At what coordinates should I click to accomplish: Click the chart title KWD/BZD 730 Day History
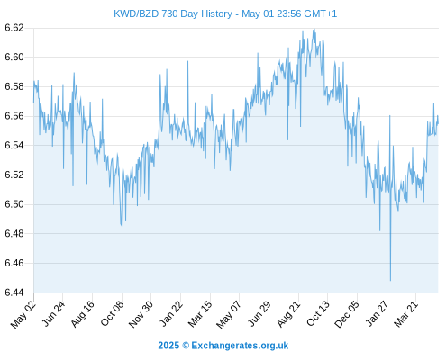[173, 13]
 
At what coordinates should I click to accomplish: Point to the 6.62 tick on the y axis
[14, 28]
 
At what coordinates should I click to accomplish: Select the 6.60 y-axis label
[14, 57]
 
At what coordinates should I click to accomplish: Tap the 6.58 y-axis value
[14, 86]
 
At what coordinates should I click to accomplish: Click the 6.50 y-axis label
[14, 204]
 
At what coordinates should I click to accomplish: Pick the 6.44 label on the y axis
[14, 292]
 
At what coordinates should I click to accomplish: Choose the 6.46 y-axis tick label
[14, 263]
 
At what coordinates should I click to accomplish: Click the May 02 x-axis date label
[23, 314]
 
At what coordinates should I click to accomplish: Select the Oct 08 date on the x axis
[112, 313]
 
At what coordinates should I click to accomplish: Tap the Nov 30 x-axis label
[141, 314]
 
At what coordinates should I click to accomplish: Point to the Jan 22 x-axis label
[171, 313]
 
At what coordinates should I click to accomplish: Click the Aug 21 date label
[288, 314]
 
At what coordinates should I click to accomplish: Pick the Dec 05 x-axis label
[347, 314]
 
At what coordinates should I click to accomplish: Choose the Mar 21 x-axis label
[406, 313]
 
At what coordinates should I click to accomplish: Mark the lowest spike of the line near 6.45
[390, 281]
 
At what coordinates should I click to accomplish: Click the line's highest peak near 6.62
[314, 30]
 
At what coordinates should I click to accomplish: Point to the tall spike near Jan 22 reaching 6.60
[188, 61]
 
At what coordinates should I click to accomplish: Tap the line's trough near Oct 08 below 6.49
[121, 225]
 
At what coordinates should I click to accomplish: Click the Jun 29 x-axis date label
[259, 314]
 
